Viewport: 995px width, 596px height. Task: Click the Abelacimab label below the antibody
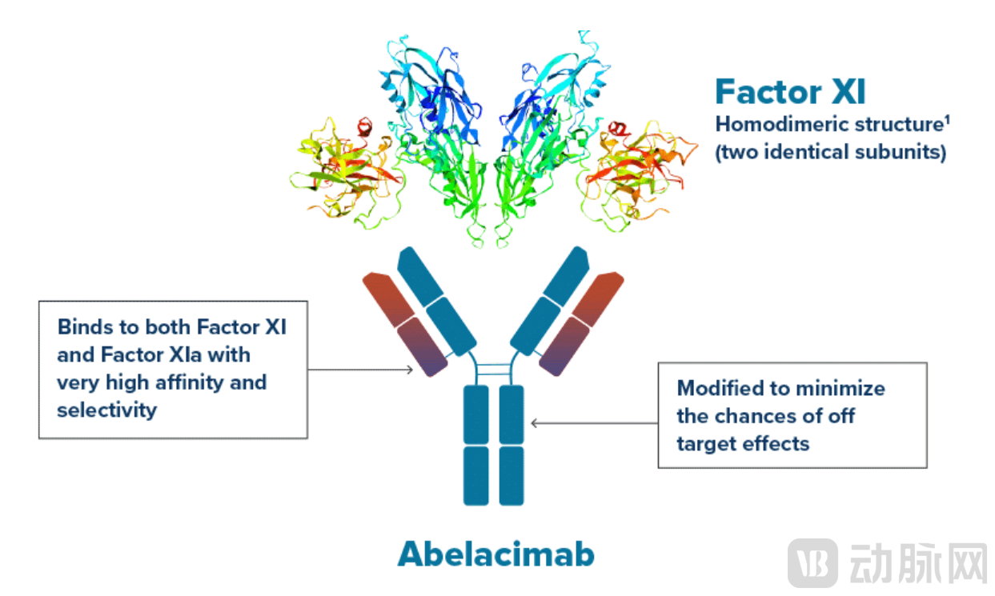click(x=496, y=554)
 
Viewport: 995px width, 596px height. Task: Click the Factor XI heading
click(x=790, y=92)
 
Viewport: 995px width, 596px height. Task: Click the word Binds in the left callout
click(x=83, y=327)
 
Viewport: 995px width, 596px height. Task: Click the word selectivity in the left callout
click(x=106, y=410)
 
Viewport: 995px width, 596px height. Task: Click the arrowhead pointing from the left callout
click(x=409, y=370)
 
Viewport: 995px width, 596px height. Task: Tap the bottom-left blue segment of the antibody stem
click(x=476, y=475)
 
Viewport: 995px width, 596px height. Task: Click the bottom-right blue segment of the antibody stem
click(x=511, y=475)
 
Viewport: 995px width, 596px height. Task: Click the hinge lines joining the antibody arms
click(x=494, y=370)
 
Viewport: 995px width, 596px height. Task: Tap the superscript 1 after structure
click(x=947, y=122)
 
